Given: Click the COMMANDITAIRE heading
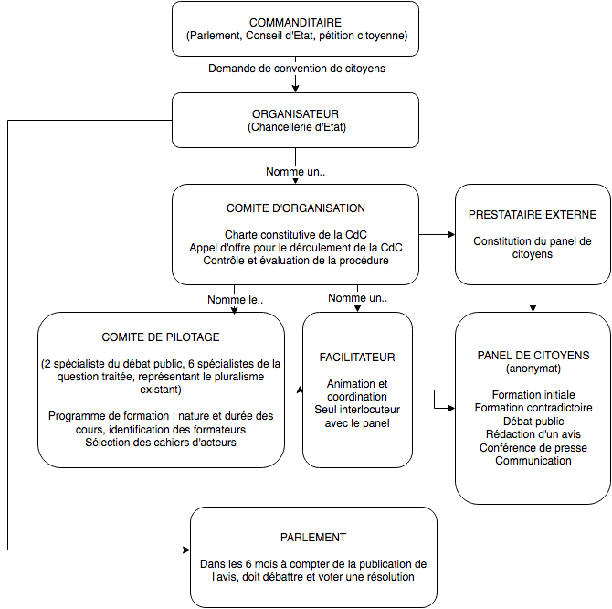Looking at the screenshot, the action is point(295,22).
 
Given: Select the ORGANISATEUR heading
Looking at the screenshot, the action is point(295,114).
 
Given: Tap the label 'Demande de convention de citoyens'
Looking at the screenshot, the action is point(297,69).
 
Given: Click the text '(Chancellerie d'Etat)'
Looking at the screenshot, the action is point(297,127).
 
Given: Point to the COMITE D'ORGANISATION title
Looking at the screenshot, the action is point(296,208).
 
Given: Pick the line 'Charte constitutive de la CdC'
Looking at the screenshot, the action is point(296,235).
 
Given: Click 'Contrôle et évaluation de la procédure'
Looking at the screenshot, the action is point(296,261).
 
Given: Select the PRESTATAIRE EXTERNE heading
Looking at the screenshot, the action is point(533,215).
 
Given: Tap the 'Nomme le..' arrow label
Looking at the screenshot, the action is point(236,300).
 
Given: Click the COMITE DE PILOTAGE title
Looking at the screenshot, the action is point(161,337).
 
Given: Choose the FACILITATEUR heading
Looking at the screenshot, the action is point(357,357).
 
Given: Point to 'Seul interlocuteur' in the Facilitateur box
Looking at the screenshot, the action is point(357,410).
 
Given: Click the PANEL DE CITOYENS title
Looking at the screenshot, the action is point(533,356).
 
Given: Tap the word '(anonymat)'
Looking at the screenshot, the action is point(533,369).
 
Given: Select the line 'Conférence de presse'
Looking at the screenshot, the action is point(533,448).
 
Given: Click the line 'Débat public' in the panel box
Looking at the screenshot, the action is point(533,422).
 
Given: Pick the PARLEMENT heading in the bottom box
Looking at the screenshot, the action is point(313,538).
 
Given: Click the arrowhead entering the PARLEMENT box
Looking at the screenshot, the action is point(186,550).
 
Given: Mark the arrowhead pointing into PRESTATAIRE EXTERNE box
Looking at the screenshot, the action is point(451,235).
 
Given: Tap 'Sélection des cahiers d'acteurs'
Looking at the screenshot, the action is point(161,443).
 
